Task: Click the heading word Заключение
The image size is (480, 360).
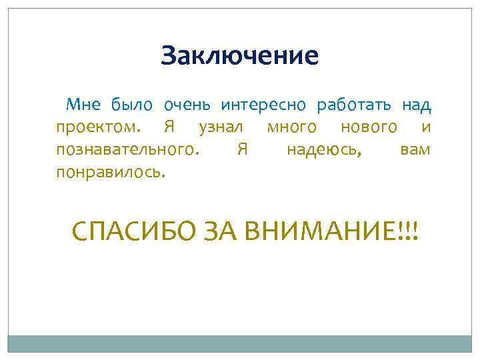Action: pos(240,55)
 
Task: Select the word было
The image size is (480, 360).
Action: pos(132,105)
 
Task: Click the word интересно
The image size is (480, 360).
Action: pos(263,105)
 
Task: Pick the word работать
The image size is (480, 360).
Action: pos(355,105)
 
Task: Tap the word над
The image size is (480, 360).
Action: pos(417,105)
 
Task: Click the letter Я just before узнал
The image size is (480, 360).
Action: pos(168,127)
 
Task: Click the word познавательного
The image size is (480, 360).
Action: pos(127,149)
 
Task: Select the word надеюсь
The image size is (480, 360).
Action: pos(324,150)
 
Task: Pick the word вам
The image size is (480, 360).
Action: pos(415,149)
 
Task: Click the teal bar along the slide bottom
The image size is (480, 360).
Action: pos(240,344)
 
